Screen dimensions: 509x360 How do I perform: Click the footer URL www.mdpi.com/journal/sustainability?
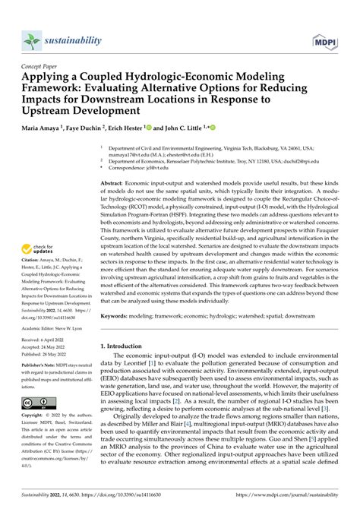click(x=297, y=498)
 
